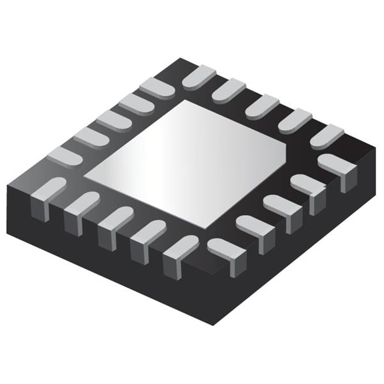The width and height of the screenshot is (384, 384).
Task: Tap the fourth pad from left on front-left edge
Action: point(148,234)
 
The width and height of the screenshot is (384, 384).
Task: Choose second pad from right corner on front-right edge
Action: point(307,186)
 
